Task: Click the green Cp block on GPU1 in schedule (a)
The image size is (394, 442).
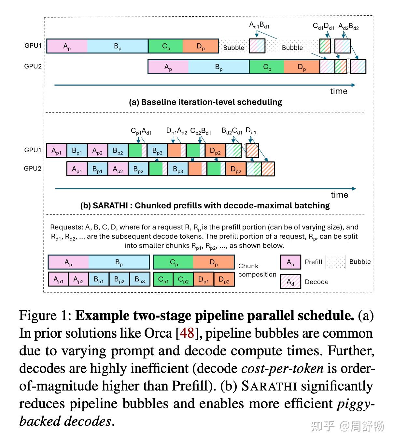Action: pos(166,46)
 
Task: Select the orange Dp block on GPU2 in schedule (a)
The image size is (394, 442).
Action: pos(302,67)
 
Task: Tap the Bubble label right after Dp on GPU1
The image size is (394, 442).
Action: pos(233,48)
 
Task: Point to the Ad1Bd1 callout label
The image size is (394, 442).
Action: pos(259,25)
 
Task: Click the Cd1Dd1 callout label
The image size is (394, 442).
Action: pos(323,26)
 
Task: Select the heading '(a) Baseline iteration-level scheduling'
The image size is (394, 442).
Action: pos(205,102)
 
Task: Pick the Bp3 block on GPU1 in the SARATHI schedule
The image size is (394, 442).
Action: pos(157,151)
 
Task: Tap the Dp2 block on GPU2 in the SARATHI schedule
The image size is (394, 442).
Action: pos(236,169)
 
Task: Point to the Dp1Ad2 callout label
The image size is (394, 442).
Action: pos(176,131)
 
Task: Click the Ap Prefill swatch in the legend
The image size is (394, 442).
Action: pos(290,262)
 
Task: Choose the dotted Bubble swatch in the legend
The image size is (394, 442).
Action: pos(335,262)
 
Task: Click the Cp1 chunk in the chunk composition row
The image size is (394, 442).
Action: pos(163,280)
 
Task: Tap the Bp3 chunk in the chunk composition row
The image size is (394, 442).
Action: pos(140,280)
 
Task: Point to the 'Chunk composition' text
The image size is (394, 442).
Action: pos(257,270)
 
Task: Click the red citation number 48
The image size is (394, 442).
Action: pos(187,333)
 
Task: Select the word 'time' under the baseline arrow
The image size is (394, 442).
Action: pos(339,91)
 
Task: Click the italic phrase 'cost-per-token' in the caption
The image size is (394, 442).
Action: pos(282,368)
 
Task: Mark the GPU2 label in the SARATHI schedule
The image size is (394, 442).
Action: pos(33,169)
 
